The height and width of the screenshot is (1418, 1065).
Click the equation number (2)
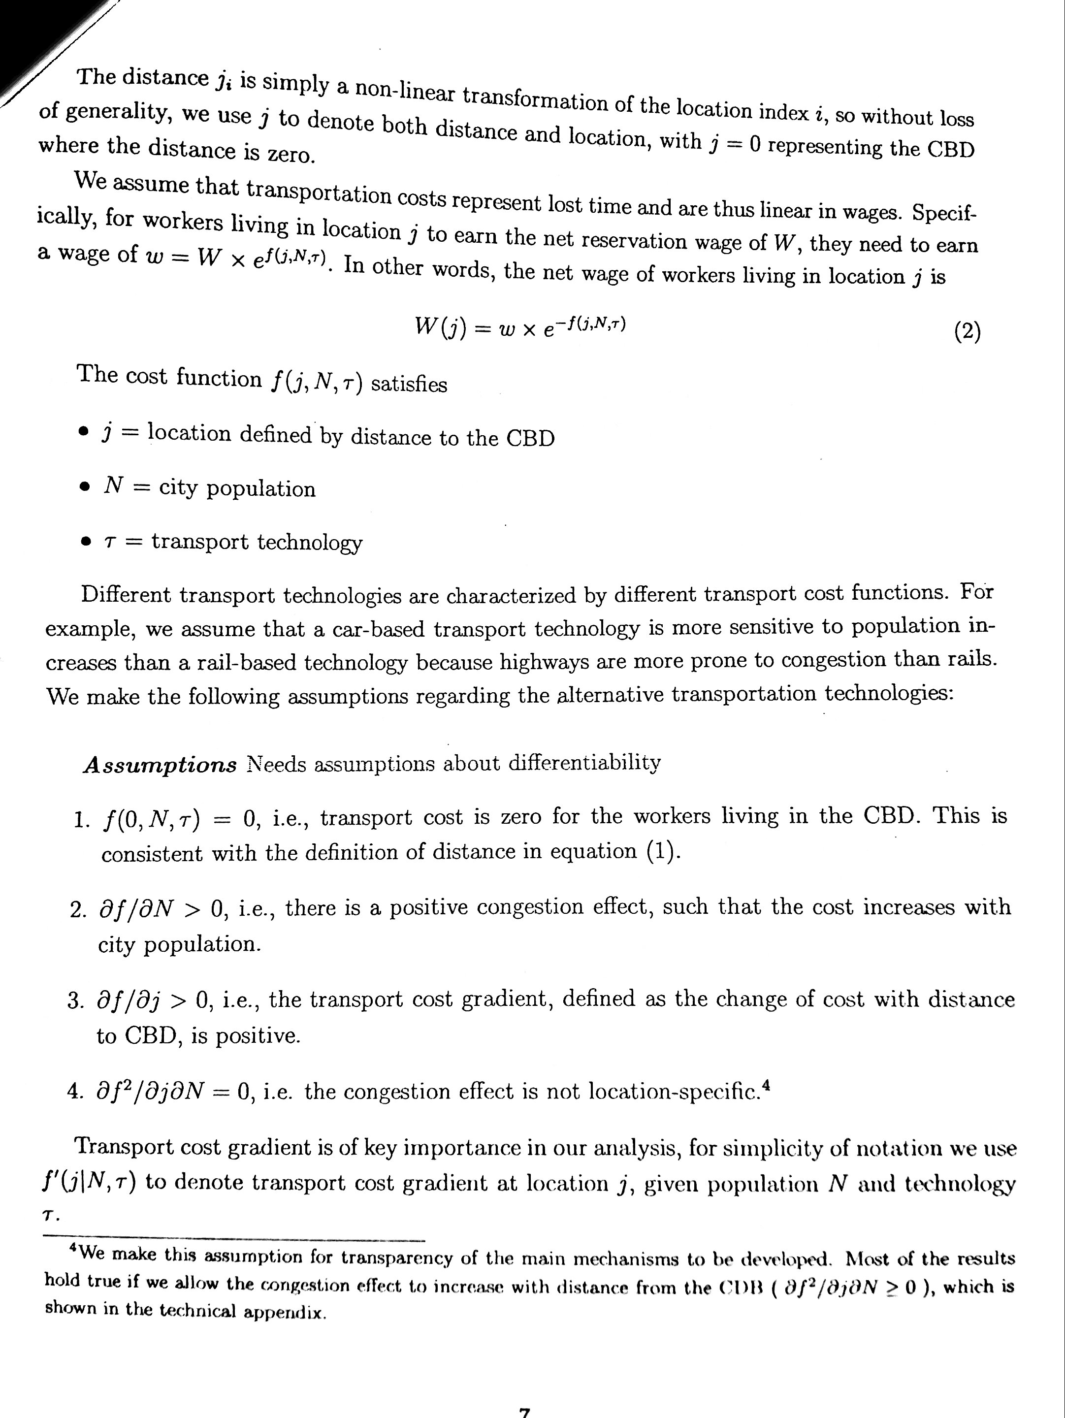coord(967,331)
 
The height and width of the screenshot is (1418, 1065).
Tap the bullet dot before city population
coord(84,488)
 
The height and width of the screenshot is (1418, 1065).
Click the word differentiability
coord(583,763)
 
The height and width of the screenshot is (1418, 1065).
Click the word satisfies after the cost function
coord(409,384)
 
